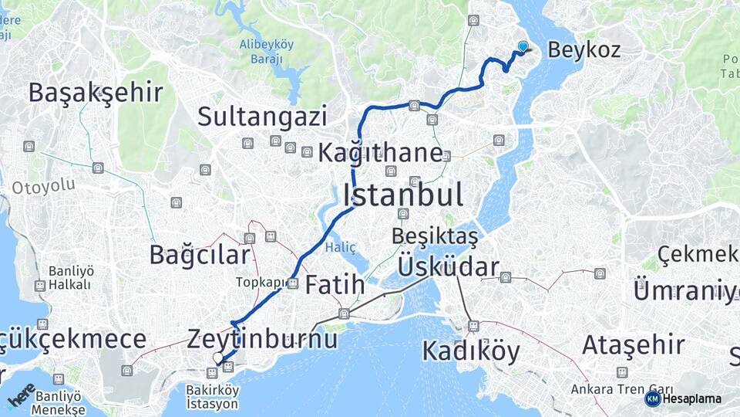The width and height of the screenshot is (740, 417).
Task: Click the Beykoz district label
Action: tap(584, 50)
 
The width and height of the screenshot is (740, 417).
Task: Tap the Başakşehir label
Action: tap(96, 93)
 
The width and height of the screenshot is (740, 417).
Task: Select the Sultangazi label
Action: tap(262, 117)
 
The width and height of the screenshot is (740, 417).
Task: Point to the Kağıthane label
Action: tap(380, 153)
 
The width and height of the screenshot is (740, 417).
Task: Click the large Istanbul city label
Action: tap(402, 195)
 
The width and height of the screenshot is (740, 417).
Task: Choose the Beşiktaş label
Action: tap(435, 235)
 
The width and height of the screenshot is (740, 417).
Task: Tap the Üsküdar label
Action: tap(448, 267)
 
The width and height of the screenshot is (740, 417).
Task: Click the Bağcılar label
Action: tap(200, 254)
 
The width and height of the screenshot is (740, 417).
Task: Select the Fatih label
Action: tap(335, 285)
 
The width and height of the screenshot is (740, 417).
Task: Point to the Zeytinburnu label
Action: tap(263, 338)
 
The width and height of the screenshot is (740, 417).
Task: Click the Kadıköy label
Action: tap(471, 351)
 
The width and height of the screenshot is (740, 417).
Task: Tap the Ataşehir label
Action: tap(633, 344)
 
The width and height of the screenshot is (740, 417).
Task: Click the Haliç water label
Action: tap(341, 247)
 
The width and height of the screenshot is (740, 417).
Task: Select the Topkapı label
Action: tap(260, 283)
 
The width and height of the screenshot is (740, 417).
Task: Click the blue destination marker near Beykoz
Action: tap(523, 46)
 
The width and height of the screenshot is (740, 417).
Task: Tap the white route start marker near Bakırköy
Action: tap(219, 358)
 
